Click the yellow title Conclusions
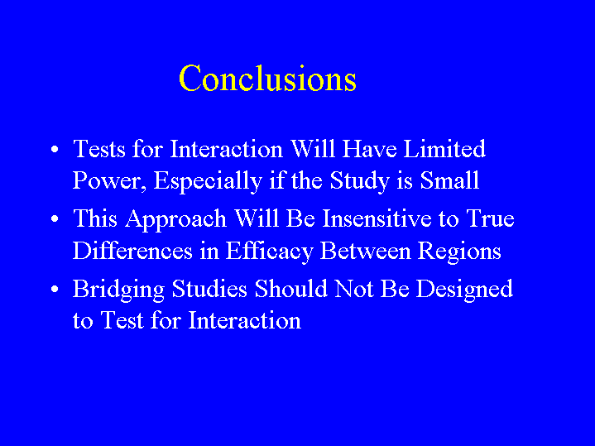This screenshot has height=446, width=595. pyautogui.click(x=267, y=78)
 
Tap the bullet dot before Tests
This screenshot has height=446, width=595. pyautogui.click(x=55, y=149)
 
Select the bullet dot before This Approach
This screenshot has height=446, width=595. pyautogui.click(x=55, y=219)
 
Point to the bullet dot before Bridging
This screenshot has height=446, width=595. pyautogui.click(x=55, y=290)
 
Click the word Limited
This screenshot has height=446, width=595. pyautogui.click(x=444, y=148)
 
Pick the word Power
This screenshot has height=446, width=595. pyautogui.click(x=109, y=180)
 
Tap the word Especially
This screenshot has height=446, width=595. pyautogui.click(x=208, y=181)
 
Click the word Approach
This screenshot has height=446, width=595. pyautogui.click(x=176, y=220)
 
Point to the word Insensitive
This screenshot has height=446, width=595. pyautogui.click(x=377, y=218)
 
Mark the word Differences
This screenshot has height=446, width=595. pyautogui.click(x=132, y=251)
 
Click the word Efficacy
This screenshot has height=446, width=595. pyautogui.click(x=270, y=252)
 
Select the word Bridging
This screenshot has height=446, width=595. pyautogui.click(x=118, y=290)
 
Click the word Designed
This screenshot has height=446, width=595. pyautogui.click(x=464, y=290)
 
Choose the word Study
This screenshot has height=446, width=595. pyautogui.click(x=360, y=181)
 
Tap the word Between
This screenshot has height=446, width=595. pyautogui.click(x=366, y=251)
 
